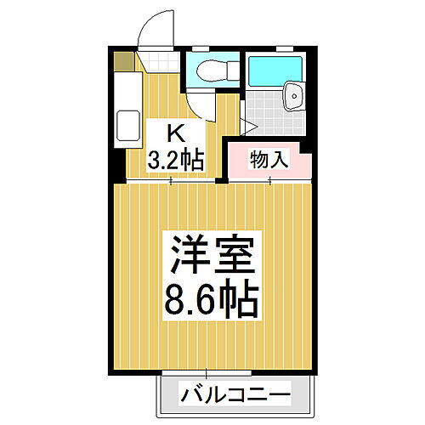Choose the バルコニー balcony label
pyautogui.click(x=235, y=395)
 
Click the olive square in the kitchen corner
pyautogui.click(x=124, y=61)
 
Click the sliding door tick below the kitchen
pyautogui.click(x=173, y=181)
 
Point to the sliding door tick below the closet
pyautogui.click(x=270, y=181)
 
